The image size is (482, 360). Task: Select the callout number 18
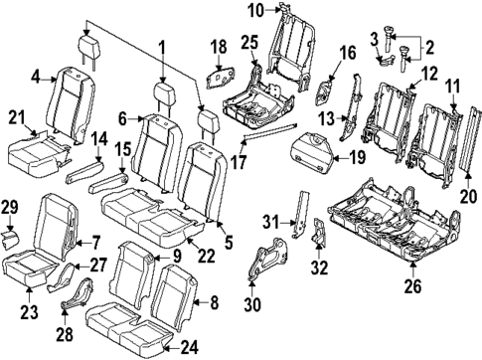(x=220, y=47)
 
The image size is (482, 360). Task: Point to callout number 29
(x=11, y=206)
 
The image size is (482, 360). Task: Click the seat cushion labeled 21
(x=35, y=154)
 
